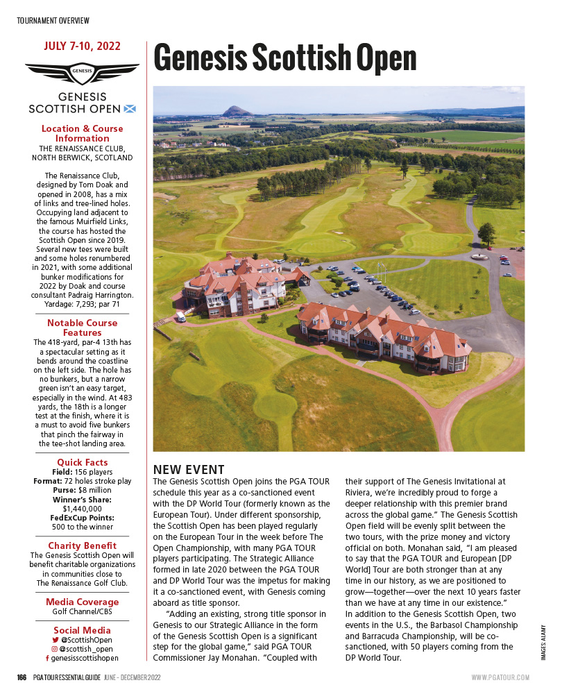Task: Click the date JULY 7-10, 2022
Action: point(82,46)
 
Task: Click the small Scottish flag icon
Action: point(129,108)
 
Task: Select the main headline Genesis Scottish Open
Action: point(284,58)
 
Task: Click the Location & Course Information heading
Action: point(82,133)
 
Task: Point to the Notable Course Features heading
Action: point(82,328)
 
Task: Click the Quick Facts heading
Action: point(82,463)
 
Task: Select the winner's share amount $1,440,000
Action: point(82,509)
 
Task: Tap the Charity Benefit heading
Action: point(82,546)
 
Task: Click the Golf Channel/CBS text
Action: point(82,611)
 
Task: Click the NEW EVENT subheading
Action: point(189,470)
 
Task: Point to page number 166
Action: point(22,677)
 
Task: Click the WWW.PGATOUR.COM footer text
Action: point(500,677)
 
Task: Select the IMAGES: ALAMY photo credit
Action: point(543,642)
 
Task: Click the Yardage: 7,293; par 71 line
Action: point(82,304)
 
